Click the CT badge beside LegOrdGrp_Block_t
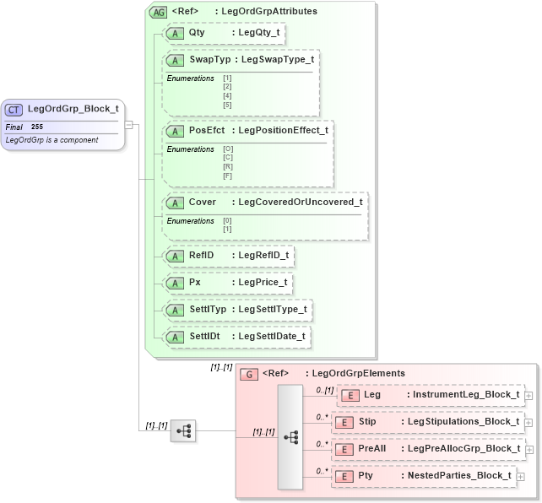14,109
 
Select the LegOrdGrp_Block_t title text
73,109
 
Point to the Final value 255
37,127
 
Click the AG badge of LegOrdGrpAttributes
158,12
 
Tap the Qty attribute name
197,33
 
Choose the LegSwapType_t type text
277,60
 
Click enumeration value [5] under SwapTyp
227,105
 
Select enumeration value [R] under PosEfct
227,167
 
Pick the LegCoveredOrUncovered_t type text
301,203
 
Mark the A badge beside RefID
175,255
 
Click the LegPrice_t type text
263,282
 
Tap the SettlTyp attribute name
208,310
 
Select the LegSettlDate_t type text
273,337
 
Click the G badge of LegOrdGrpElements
249,374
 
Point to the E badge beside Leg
349,395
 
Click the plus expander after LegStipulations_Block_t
528,422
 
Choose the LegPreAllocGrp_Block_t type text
463,449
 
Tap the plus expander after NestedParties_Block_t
520,476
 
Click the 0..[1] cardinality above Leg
323,390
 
